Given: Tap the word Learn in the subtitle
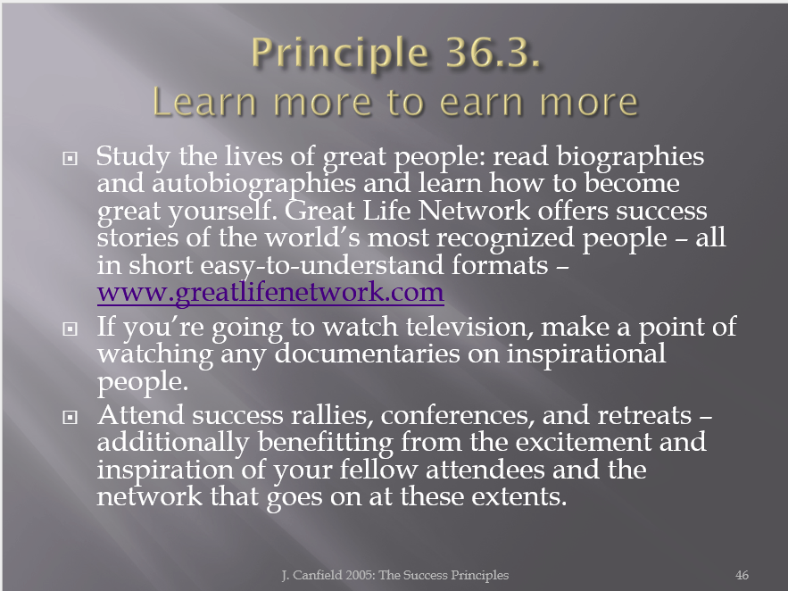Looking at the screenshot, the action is tap(205, 102).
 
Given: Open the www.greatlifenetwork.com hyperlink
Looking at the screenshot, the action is tap(270, 292).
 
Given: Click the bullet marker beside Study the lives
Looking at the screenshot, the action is tap(71, 159).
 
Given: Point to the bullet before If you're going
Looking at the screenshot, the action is tap(71, 329).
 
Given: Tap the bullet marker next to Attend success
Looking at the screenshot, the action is tap(71, 417).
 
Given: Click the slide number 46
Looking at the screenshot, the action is tap(742, 575).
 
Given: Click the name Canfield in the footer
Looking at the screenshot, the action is tap(317, 575).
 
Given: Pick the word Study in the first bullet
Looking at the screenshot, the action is tap(133, 157).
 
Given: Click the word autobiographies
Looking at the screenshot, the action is tap(253, 185).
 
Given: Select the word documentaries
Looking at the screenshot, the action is tap(367, 354).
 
